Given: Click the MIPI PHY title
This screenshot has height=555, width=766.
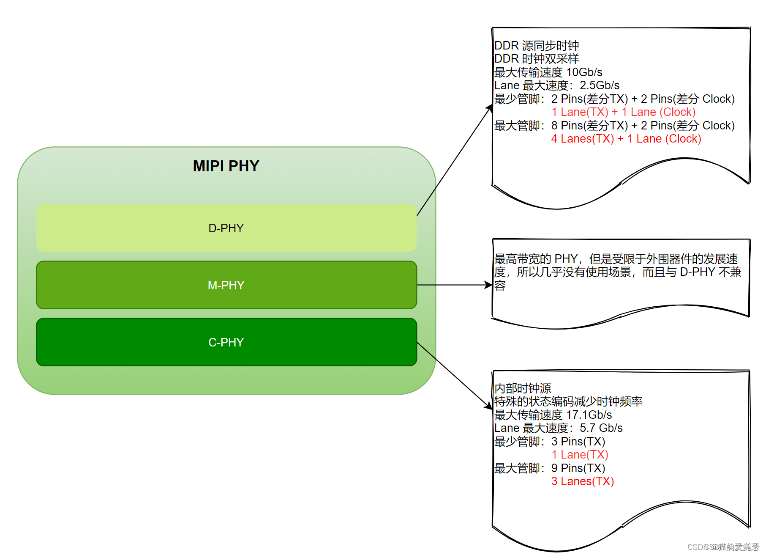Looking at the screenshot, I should pos(226,166).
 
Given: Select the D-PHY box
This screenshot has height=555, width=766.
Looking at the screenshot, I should pos(226,228).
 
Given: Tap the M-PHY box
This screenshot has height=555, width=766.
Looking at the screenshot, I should pos(226,285).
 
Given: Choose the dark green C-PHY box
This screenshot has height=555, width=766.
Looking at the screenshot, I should pos(226,342).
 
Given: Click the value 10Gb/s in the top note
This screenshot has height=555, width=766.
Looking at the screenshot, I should pos(584,72).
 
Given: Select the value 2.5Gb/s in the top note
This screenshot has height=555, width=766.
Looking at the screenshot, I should pos(600,85).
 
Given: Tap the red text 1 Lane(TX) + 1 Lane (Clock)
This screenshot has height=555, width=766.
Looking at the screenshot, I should pos(623,112).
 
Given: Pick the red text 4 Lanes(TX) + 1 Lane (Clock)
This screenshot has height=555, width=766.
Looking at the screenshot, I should pos(626,139).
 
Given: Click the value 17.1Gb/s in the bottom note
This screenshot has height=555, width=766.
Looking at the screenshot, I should pos(589,415).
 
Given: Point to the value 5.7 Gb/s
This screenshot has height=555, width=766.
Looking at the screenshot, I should pos(601,428).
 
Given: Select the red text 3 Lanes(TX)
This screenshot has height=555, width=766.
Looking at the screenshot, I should pos(582,481).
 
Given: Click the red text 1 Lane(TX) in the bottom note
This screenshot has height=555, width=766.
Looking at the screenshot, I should pos(580,455).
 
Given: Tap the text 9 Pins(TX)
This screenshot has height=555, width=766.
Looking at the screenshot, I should pos(578,468).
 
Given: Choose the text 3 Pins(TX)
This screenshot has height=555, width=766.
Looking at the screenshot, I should pos(578,442).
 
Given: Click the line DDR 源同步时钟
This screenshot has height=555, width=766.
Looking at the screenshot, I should pos(537,46).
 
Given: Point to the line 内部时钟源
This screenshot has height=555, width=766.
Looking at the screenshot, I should pos(523,388).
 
